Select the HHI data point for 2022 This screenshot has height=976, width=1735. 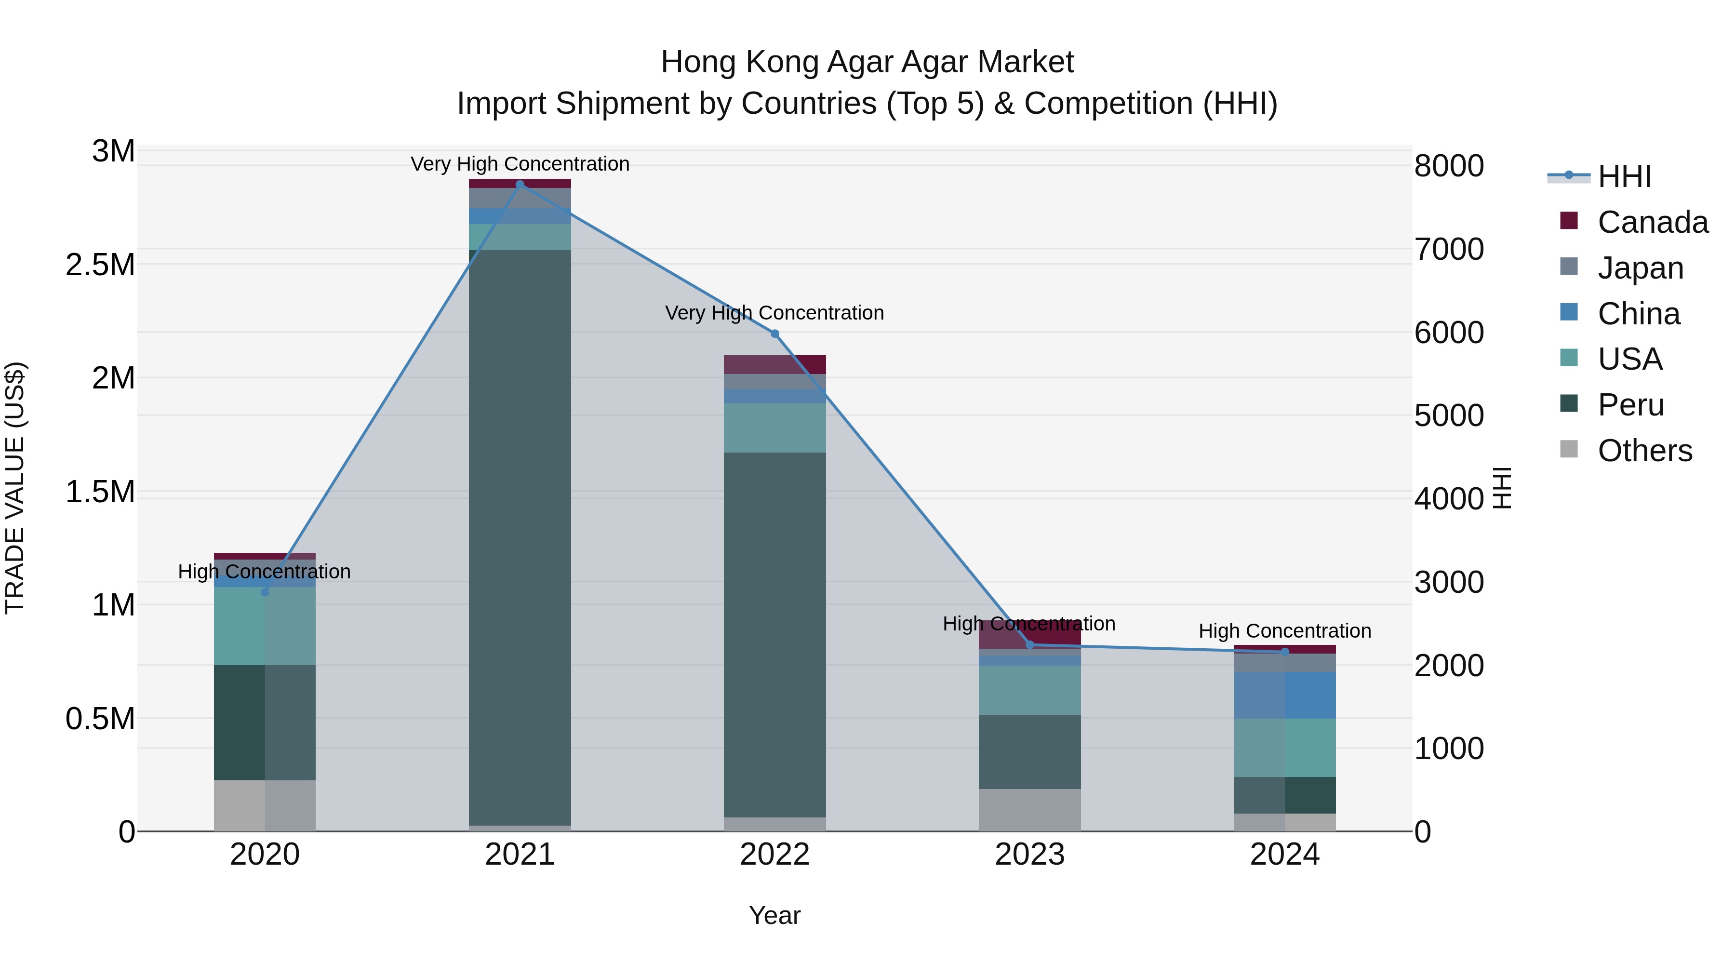pyautogui.click(x=774, y=334)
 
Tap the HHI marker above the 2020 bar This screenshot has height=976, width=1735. pyautogui.click(x=265, y=592)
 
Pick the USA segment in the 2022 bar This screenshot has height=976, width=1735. pyautogui.click(x=774, y=428)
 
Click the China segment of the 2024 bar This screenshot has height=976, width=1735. pyautogui.click(x=1284, y=695)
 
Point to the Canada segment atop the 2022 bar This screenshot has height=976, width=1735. pyautogui.click(x=774, y=364)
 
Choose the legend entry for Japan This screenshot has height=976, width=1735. pyautogui.click(x=1640, y=268)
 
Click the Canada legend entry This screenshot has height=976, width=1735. pyautogui.click(x=1652, y=222)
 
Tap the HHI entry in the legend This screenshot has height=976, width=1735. pyautogui.click(x=1624, y=176)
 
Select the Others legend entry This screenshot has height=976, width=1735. pyautogui.click(x=1644, y=451)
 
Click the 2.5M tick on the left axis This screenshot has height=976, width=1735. pyautogui.click(x=100, y=265)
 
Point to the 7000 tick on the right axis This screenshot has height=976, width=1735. pyautogui.click(x=1449, y=249)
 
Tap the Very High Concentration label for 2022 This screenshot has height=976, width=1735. pyautogui.click(x=774, y=313)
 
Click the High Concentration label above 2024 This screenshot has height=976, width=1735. pyautogui.click(x=1284, y=631)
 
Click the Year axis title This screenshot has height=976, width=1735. pyautogui.click(x=774, y=915)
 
